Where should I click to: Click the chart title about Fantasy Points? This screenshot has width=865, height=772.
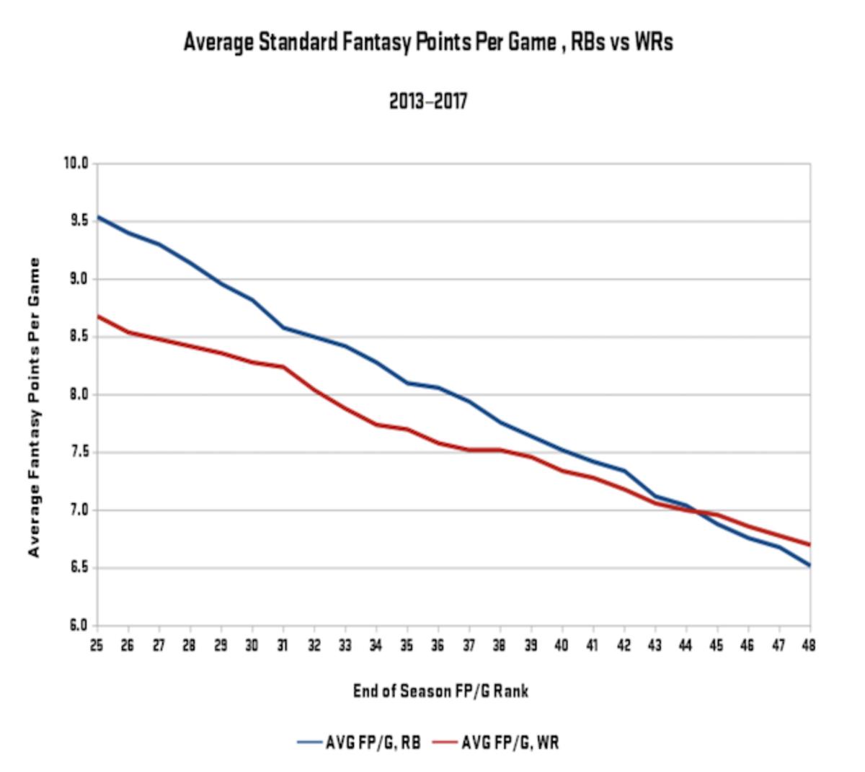[x=428, y=43]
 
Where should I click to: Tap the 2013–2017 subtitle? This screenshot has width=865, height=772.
[x=428, y=101]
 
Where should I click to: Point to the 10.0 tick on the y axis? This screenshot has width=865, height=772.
[x=75, y=164]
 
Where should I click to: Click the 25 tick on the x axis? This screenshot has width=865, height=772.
[x=97, y=645]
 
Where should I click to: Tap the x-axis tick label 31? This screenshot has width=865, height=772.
[x=283, y=645]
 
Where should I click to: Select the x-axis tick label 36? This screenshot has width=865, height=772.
[x=438, y=645]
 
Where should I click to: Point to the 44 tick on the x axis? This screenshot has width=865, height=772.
[x=686, y=645]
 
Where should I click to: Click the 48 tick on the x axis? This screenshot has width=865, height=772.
[x=809, y=645]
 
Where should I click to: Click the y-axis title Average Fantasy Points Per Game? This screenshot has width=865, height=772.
[x=34, y=407]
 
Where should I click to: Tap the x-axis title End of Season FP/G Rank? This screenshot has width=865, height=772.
[x=440, y=691]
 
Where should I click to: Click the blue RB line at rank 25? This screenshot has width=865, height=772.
[x=98, y=216]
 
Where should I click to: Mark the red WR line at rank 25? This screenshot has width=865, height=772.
[x=98, y=316]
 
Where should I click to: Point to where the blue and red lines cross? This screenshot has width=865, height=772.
[x=698, y=512]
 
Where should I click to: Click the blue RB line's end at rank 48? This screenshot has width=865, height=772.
[x=809, y=565]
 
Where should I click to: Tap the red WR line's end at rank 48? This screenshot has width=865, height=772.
[x=809, y=544]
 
